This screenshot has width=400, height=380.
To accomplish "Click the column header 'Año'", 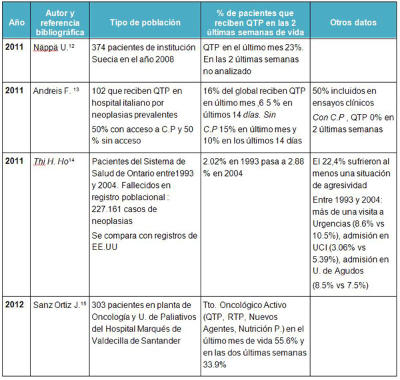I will click(x=15, y=22).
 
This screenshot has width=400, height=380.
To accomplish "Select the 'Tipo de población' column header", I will click(x=145, y=22).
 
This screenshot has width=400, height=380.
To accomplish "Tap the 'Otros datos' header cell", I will click(x=353, y=22).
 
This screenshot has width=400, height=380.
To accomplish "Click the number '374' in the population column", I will click(x=99, y=49).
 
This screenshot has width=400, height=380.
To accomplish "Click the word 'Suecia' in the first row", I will click(x=105, y=60).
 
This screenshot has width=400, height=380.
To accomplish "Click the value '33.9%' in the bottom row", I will click(x=215, y=365).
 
